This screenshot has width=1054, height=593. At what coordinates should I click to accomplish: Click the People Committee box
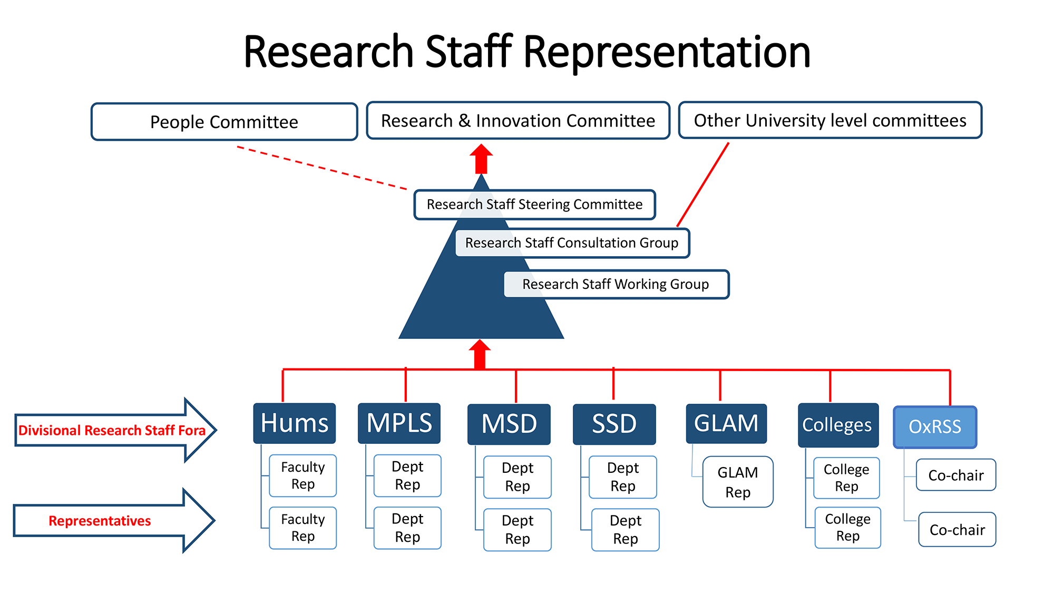[224, 122]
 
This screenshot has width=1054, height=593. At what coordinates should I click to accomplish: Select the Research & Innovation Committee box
[518, 121]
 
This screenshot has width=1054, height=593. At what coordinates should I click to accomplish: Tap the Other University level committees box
[830, 120]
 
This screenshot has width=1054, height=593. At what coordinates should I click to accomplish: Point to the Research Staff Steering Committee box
[534, 205]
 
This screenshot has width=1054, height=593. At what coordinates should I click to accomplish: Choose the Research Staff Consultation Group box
[572, 243]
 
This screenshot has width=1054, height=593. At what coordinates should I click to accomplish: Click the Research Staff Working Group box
[616, 285]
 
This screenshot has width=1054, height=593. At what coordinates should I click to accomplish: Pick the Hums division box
[294, 423]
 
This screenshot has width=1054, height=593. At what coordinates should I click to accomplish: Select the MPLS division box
[399, 423]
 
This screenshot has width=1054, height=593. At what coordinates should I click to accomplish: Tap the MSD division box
[509, 424]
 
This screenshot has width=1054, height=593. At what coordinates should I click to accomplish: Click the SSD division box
[614, 424]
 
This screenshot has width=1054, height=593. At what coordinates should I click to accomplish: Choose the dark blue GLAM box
[726, 423]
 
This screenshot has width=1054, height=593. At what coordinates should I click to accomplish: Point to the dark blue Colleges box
[837, 425]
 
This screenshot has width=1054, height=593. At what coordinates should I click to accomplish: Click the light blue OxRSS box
[935, 426]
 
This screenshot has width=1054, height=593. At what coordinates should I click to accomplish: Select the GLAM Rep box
[738, 482]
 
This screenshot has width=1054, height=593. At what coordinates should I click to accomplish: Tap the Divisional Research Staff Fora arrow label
[112, 431]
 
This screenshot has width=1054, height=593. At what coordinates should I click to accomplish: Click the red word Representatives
[100, 521]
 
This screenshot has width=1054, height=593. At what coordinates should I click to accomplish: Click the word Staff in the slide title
[469, 52]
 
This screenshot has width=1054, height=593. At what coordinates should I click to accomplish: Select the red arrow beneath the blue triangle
[480, 354]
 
